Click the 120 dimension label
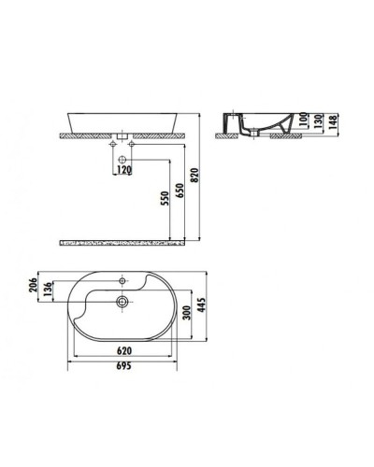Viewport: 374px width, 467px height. (124, 171)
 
